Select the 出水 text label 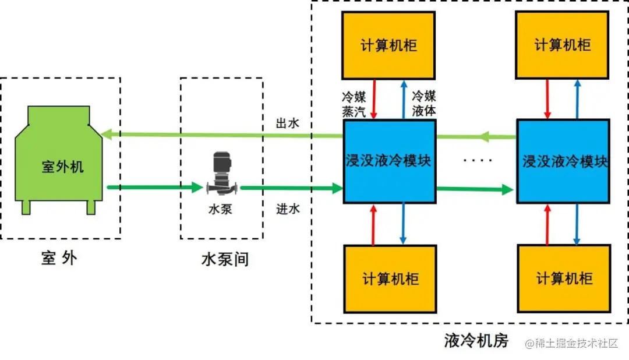[x=288, y=124]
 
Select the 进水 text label [x=288, y=209]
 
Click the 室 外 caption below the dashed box [x=59, y=258]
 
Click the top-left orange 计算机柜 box [x=388, y=45]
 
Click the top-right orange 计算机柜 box [x=563, y=45]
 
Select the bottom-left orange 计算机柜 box [x=390, y=278]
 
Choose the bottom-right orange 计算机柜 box [x=564, y=278]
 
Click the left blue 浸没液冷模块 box [x=390, y=161]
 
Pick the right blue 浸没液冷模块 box [x=564, y=161]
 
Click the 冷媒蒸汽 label [x=353, y=104]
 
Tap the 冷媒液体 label [x=423, y=104]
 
